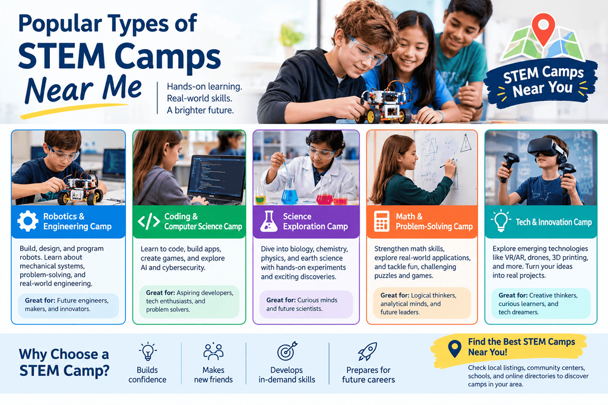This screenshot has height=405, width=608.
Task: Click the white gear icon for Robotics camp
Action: point(28,221)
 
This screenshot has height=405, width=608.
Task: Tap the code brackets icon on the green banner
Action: point(149,221)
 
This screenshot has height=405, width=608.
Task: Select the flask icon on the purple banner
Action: point(269,221)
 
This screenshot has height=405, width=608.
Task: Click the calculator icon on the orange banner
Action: point(382,221)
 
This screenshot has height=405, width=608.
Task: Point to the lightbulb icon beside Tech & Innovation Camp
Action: point(501,221)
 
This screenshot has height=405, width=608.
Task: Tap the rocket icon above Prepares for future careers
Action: point(367,351)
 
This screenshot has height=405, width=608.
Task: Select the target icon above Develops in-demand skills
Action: point(287,351)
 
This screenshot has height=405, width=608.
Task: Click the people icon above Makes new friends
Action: point(213,351)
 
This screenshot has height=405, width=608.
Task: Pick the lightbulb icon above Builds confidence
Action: point(148,352)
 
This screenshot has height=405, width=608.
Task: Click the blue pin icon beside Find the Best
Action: point(454,349)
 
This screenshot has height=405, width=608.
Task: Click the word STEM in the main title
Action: point(61,56)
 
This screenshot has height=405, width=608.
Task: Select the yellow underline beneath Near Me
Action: point(74,111)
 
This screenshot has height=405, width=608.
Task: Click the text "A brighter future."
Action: point(200,110)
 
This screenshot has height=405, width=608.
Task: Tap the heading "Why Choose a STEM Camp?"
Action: point(64,362)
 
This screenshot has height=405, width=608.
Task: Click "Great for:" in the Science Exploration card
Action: point(281,300)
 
